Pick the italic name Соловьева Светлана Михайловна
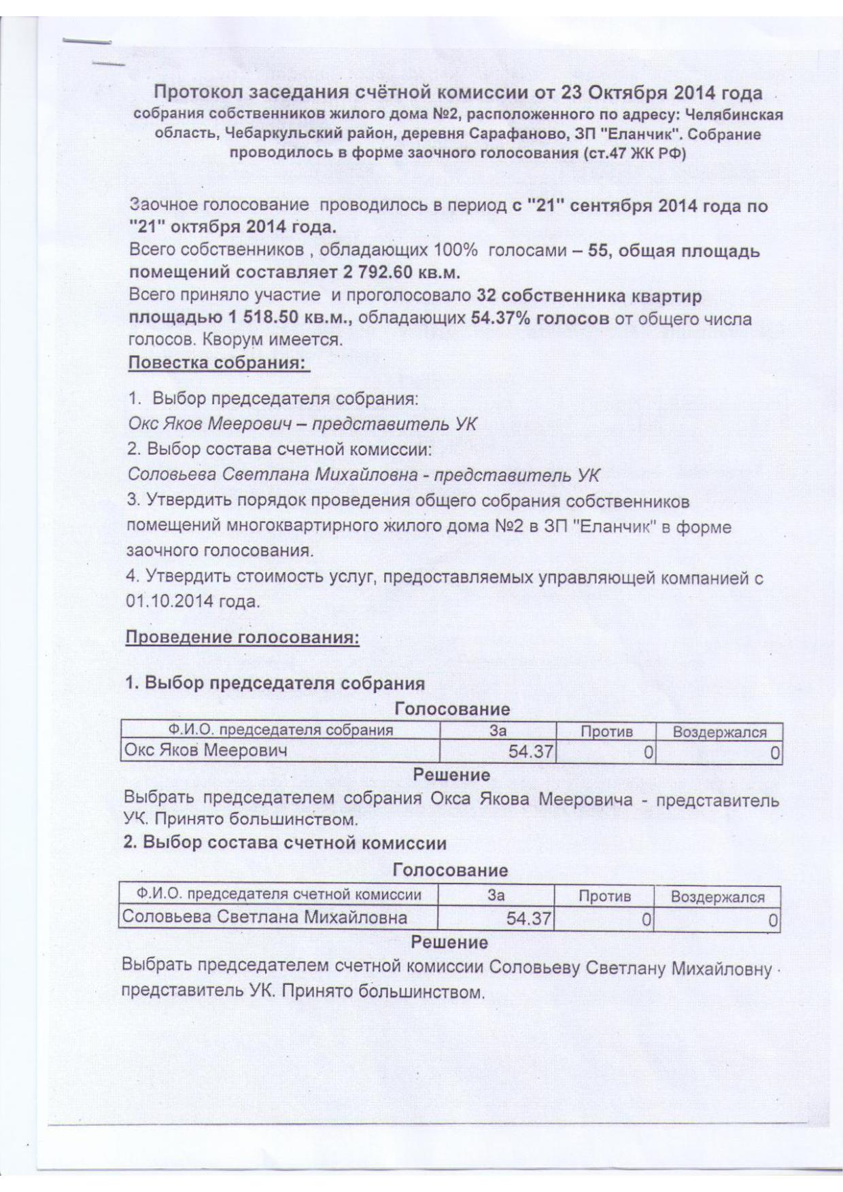[272, 475]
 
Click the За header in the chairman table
[498, 731]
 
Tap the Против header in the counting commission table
[604, 896]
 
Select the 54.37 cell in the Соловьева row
[528, 919]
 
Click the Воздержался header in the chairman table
[719, 732]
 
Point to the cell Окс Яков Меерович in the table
[205, 750]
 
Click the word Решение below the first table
[451, 775]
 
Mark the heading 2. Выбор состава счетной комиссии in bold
[285, 843]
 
